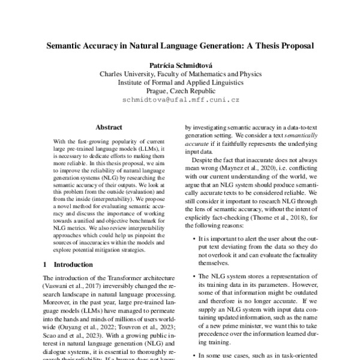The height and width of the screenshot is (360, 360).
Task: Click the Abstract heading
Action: tap(109, 127)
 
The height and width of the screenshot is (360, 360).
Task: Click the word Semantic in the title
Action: tap(66, 45)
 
